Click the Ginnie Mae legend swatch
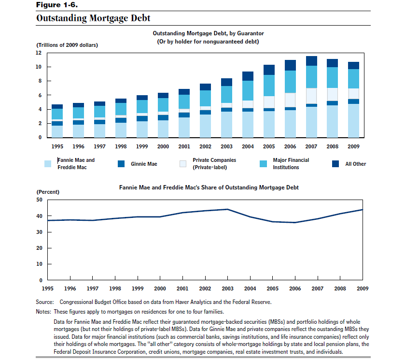pos(121,164)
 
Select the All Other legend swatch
pos(335,164)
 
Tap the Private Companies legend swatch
pos(183,164)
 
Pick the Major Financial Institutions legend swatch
pos(263,164)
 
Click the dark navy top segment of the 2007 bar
pos(311,61)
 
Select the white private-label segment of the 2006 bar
pos(290,100)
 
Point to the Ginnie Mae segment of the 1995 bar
pos(57,123)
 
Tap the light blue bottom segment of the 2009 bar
pos(354,121)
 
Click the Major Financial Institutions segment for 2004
pos(248,90)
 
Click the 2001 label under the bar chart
pos(184,146)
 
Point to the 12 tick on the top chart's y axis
pos(39,53)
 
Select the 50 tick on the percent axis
pos(39,200)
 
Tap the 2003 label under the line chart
pos(227,288)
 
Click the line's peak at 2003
pos(227,209)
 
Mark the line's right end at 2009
pos(363,210)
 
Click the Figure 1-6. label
pos(57,5)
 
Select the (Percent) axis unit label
pos(48,192)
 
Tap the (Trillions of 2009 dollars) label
pos(67,45)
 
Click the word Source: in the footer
pos(45,302)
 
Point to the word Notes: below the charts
pos(43,312)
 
